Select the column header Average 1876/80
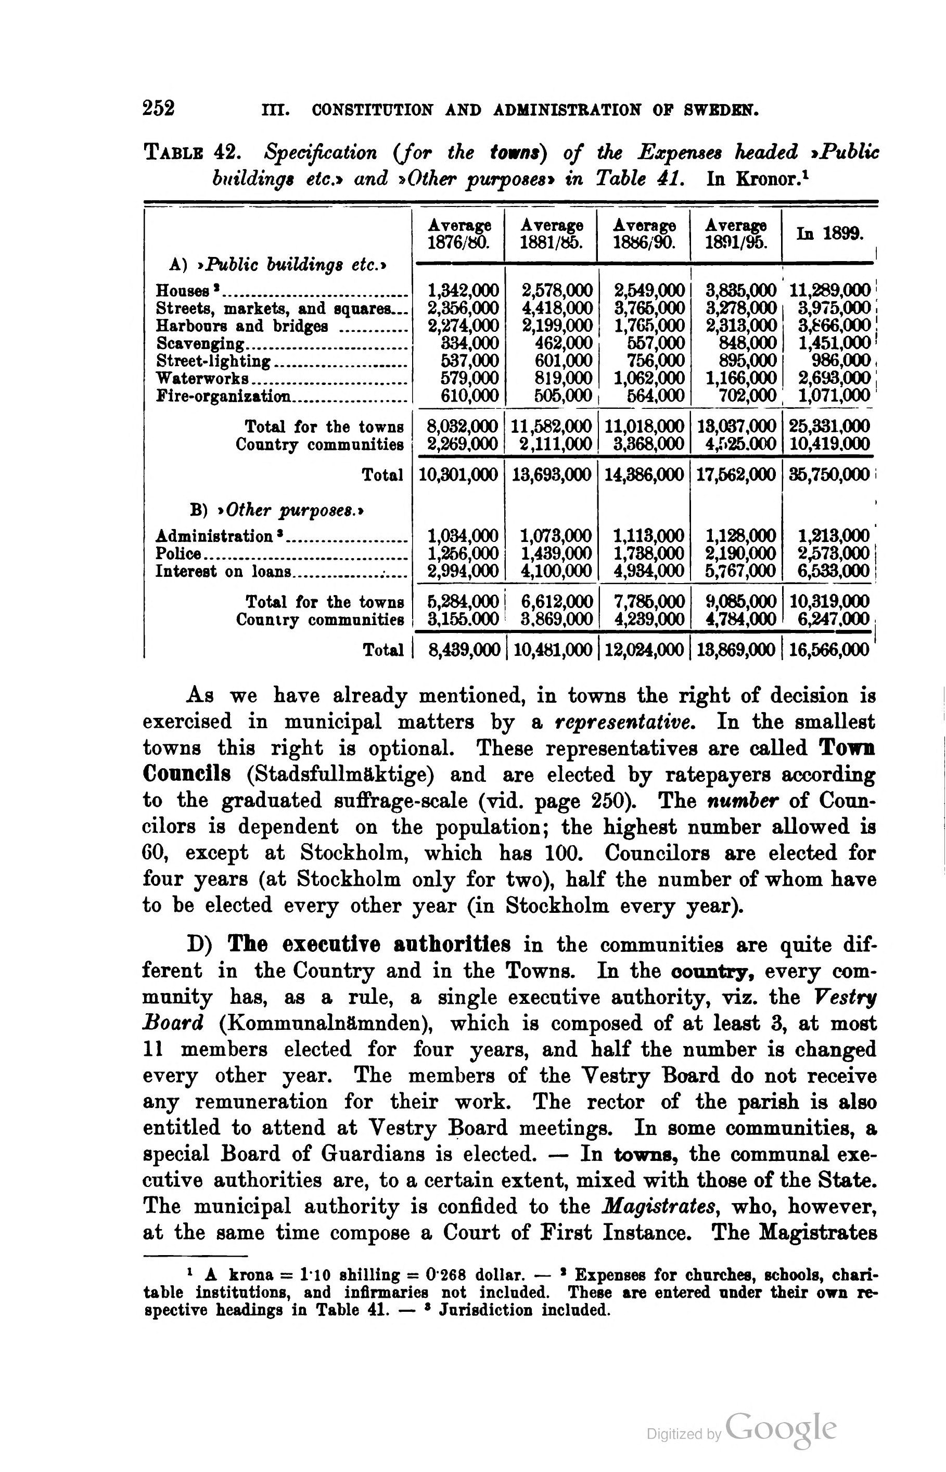(x=459, y=234)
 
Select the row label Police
(x=177, y=553)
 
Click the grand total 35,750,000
(x=829, y=474)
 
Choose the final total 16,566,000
(x=829, y=650)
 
